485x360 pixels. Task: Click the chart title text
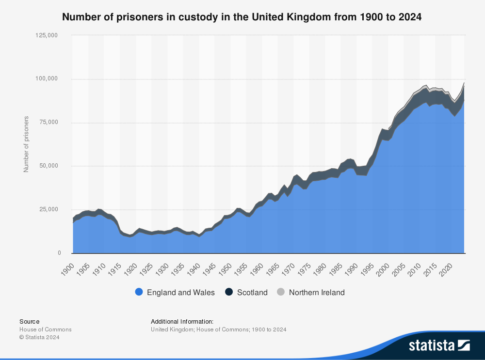click(x=242, y=17)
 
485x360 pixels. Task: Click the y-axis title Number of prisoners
click(x=27, y=144)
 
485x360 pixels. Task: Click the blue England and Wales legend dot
click(x=139, y=292)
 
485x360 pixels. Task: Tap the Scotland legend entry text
click(x=252, y=292)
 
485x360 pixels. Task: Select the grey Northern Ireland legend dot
click(x=281, y=292)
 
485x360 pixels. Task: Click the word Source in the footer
click(x=30, y=321)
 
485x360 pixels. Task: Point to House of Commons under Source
click(x=46, y=329)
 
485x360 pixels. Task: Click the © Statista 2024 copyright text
click(x=39, y=337)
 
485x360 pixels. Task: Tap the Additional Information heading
click(x=182, y=321)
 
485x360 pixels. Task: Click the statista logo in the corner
click(x=439, y=345)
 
